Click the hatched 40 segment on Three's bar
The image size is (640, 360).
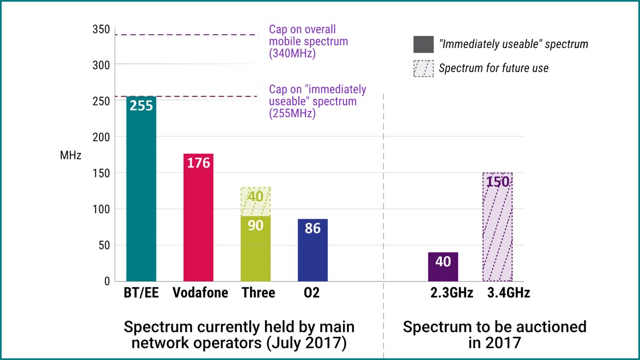(x=256, y=201)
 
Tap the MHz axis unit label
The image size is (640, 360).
(x=70, y=156)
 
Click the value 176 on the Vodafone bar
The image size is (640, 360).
(x=198, y=163)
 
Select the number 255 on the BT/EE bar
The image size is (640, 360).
(x=141, y=106)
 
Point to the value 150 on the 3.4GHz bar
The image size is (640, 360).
(x=497, y=181)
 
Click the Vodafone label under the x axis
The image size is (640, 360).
(x=200, y=293)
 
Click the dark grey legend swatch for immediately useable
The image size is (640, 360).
(x=423, y=45)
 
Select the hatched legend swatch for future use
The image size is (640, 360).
(x=423, y=69)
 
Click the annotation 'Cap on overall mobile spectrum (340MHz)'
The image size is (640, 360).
(x=308, y=41)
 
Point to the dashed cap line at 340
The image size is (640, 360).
(x=187, y=35)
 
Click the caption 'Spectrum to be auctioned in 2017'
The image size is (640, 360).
(x=494, y=334)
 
